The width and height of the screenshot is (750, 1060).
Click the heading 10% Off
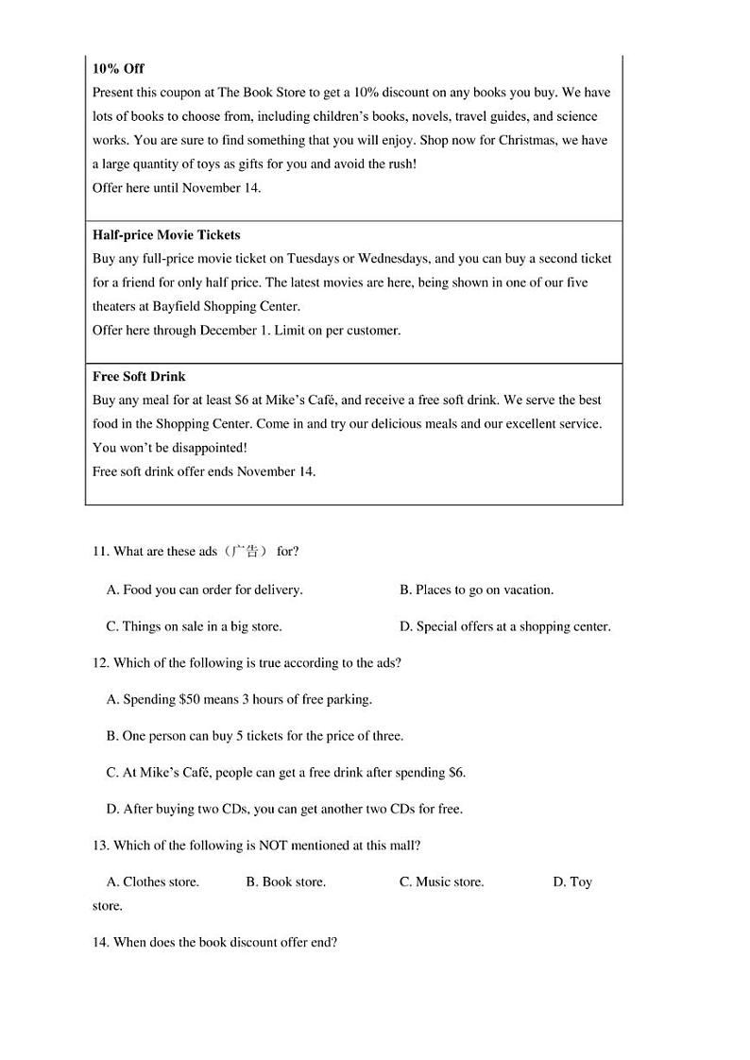pos(118,69)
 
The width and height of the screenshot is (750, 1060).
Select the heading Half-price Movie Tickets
pos(166,235)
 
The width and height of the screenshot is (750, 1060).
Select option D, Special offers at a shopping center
pos(505,626)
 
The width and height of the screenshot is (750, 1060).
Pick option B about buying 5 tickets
pos(255,736)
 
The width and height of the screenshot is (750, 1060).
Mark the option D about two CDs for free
pos(284,810)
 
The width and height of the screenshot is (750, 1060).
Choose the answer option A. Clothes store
pos(153,882)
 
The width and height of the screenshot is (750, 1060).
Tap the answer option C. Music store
pos(441,882)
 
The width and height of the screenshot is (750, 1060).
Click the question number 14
pos(101,943)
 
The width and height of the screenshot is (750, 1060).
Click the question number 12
pos(101,663)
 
